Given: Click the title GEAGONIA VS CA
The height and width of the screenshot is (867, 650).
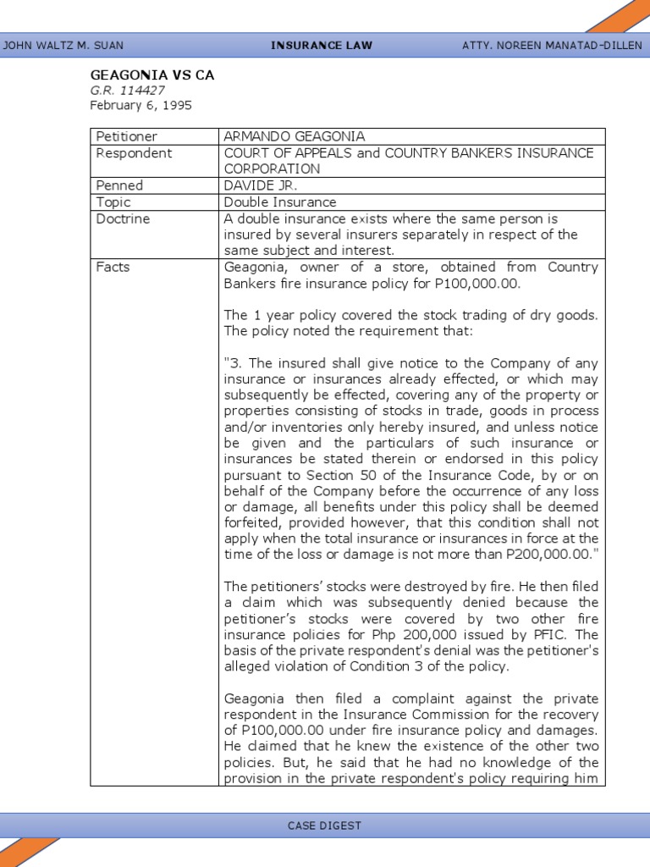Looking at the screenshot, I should pos(152,75).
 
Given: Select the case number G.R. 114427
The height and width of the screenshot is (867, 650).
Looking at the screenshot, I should pos(128,91).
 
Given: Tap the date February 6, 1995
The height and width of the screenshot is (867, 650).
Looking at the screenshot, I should pos(141,106).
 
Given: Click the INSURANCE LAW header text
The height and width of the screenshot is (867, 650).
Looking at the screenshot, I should pos(322,46).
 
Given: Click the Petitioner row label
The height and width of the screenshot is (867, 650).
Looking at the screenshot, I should pos(127,136).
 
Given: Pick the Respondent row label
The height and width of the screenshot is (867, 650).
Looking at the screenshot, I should pos(134,153).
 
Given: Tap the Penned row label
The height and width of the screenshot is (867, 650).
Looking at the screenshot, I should pos(119,185).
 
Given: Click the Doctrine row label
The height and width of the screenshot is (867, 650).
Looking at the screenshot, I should pos(123,218).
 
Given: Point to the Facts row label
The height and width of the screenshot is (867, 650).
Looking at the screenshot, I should pos(113,267).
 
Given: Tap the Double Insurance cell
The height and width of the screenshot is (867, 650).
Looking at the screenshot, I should pos(280,202).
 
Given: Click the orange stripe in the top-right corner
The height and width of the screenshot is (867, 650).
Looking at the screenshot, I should pos(622,16).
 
